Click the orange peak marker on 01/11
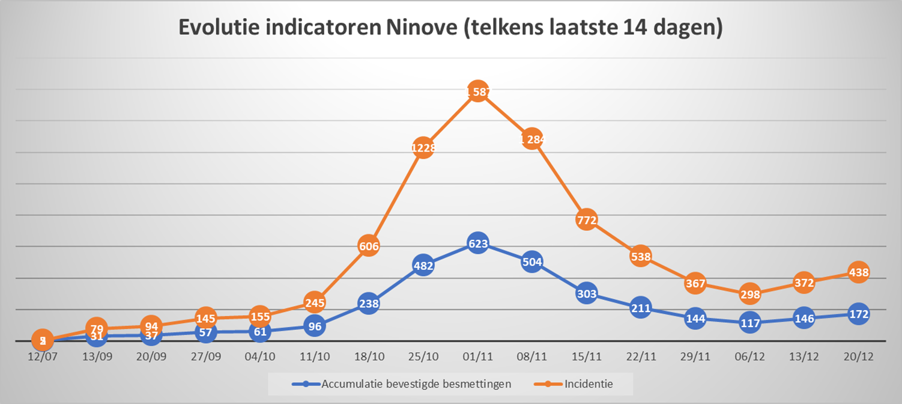pos(477,91)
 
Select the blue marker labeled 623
pos(477,243)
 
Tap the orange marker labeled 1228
pos(423,148)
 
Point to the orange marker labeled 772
pos(586,220)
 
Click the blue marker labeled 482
pos(423,265)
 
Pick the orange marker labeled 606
pos(369,245)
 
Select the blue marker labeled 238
pos(369,304)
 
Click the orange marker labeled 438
pos(858,272)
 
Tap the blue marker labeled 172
pos(858,314)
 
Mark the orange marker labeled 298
pos(750,294)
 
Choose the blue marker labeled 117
pos(750,323)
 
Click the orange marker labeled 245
pos(314,302)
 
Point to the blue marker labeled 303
pos(586,294)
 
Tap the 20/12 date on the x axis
pos(858,356)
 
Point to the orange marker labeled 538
pos(640,257)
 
